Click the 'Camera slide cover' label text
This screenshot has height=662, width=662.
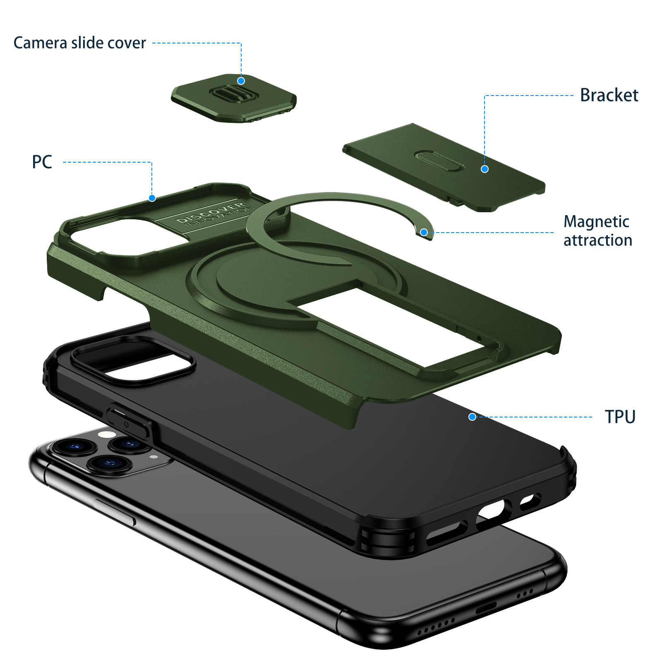(79, 43)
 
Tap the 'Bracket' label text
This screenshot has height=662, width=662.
(609, 95)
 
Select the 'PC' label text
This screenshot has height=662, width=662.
(42, 162)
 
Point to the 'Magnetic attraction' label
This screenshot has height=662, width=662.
(597, 231)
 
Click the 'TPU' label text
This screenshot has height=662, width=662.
(620, 417)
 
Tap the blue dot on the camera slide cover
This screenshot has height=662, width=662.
(241, 81)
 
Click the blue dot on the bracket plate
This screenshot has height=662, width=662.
(485, 169)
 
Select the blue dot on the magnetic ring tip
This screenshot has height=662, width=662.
(424, 232)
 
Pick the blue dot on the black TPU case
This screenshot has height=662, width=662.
(472, 417)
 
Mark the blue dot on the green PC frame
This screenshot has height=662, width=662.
(152, 198)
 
